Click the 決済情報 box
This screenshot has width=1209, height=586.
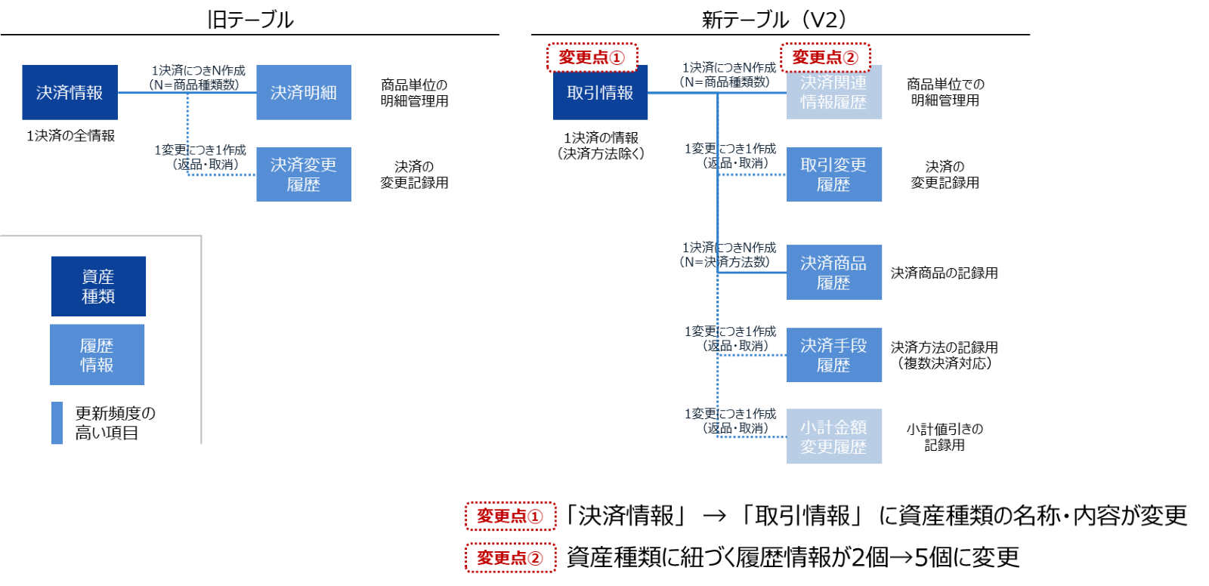click(x=70, y=92)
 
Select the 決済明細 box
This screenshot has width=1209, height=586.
click(x=304, y=92)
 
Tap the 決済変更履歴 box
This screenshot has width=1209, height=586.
click(x=304, y=174)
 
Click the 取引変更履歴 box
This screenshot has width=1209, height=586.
click(x=834, y=174)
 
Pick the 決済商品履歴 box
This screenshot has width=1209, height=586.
click(x=834, y=273)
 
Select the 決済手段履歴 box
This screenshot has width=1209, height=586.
click(x=834, y=355)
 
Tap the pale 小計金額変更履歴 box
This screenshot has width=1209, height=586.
click(x=834, y=436)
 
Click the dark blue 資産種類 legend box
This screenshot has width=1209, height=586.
click(x=98, y=286)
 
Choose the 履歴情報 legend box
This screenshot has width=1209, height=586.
click(x=97, y=355)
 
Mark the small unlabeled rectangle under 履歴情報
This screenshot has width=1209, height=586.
click(x=57, y=423)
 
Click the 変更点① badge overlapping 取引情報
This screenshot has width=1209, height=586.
click(x=592, y=57)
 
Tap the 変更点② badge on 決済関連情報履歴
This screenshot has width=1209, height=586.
click(x=825, y=57)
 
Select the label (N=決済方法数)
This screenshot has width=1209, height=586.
click(x=725, y=262)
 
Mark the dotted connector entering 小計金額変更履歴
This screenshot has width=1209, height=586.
click(x=752, y=436)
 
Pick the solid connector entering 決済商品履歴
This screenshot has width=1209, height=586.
click(x=752, y=272)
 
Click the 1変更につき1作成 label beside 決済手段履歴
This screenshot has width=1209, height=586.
click(x=730, y=332)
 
